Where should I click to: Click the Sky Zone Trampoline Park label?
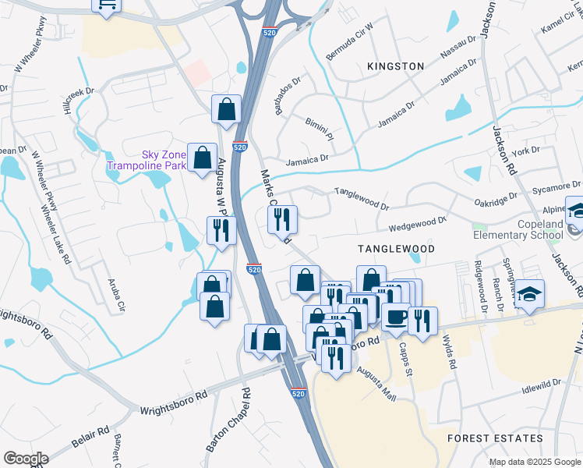pos(147,161)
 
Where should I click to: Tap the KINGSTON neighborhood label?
pos(395,66)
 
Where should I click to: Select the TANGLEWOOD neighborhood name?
pos(395,248)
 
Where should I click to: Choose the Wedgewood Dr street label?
pos(418,225)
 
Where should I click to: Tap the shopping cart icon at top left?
pos(107,5)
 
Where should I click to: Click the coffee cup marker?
pos(396,317)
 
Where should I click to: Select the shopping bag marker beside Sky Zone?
pos(203,158)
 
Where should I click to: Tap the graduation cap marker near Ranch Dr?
pos(529,294)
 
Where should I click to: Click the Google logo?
pos(26,459)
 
